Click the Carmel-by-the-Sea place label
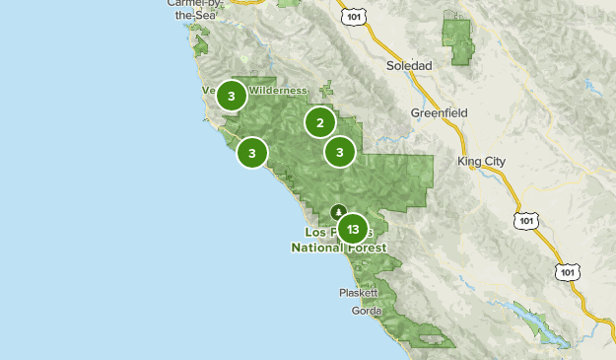coord(195,9)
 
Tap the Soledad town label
coord(409,65)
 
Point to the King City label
coord(480,160)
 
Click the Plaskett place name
coord(359,293)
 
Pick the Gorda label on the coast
coord(366,311)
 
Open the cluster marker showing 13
coord(352,229)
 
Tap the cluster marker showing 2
coord(319,122)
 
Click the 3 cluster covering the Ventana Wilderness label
coord(232,96)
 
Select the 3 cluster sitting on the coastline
coord(252,153)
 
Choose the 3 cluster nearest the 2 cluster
coord(340,152)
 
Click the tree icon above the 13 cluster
coord(339,210)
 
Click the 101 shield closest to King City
coord(523,221)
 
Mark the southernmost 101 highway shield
coord(567,271)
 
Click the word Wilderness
coord(277,91)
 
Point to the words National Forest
coord(339,249)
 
